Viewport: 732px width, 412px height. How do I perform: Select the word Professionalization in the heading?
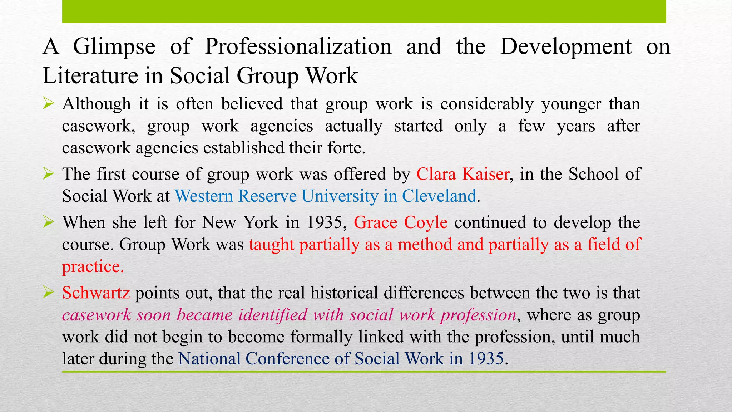(x=298, y=46)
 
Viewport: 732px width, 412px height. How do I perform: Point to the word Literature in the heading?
(x=90, y=76)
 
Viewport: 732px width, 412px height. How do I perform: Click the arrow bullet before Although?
(x=48, y=104)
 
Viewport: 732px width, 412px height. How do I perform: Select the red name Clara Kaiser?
(x=463, y=174)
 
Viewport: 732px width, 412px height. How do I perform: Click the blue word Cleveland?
(x=439, y=196)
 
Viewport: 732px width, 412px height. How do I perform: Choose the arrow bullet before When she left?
(x=48, y=222)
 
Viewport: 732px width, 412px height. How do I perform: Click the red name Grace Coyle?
(x=400, y=222)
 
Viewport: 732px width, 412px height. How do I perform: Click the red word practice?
(x=92, y=267)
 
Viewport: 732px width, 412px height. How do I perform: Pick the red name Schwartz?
(x=96, y=293)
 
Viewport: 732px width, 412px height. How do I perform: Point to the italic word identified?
(x=273, y=315)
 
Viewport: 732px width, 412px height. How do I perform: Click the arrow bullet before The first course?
(x=48, y=174)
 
